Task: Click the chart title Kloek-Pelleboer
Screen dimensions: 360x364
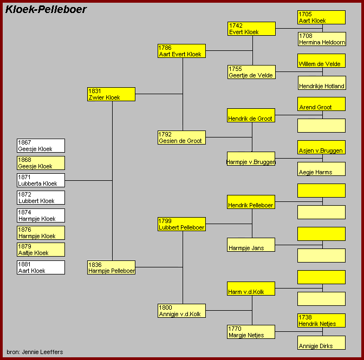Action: click(x=46, y=9)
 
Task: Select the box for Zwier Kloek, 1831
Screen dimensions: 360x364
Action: click(x=111, y=94)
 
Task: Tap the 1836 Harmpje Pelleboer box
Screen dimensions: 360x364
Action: click(x=111, y=267)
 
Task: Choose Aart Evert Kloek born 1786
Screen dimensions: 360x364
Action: click(x=181, y=51)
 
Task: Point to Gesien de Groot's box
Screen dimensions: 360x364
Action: click(x=181, y=138)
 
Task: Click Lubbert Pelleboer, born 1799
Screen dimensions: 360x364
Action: click(x=181, y=224)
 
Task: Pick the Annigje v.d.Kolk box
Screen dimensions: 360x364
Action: click(x=181, y=311)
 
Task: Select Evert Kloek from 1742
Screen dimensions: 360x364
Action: click(x=251, y=29)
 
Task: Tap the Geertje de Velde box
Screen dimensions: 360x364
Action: click(x=251, y=72)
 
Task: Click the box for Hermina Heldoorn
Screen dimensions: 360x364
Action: click(x=321, y=39)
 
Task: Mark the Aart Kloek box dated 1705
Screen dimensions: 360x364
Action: click(x=321, y=17)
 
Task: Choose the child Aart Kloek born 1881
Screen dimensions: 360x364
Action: click(x=41, y=267)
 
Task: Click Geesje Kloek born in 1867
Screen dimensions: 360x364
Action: click(x=41, y=146)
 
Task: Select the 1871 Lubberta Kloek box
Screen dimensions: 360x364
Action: click(x=41, y=180)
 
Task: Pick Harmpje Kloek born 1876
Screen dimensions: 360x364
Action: click(x=41, y=233)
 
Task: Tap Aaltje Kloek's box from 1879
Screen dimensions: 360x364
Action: click(x=41, y=250)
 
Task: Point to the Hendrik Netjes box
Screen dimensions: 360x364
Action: click(x=321, y=320)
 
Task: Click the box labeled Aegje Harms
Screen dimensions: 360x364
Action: click(x=321, y=169)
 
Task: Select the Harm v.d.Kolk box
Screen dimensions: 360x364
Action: click(x=251, y=289)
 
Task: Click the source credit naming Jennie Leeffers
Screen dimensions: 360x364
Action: click(x=35, y=352)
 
